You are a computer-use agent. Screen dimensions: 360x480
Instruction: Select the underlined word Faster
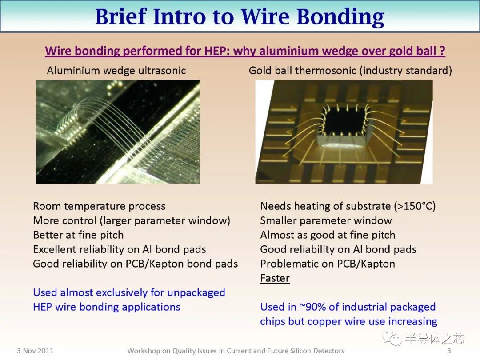275,278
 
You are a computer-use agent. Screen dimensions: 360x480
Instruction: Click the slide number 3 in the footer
449,351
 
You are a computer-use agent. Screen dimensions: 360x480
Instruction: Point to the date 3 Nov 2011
35,351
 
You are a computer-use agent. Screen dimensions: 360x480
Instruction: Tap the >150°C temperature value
414,206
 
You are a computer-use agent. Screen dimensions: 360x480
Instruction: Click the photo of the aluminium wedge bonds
118,132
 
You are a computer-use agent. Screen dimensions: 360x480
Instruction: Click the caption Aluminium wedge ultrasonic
116,70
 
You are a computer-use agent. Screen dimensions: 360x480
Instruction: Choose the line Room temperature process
99,206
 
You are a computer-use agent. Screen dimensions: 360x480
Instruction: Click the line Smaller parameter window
326,221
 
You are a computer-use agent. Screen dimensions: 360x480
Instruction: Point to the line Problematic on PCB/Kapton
328,264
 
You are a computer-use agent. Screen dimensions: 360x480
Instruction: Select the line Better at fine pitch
78,235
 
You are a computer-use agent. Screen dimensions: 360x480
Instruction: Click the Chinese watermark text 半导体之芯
434,340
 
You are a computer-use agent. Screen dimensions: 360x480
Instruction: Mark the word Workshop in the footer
143,351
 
